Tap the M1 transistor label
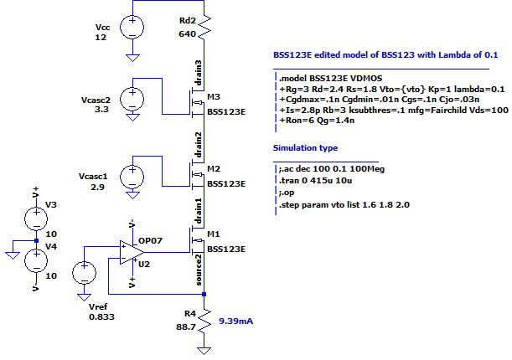[215, 238]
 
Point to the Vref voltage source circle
[84, 274]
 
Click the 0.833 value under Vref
[101, 317]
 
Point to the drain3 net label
[198, 74]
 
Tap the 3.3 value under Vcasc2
[101, 120]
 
